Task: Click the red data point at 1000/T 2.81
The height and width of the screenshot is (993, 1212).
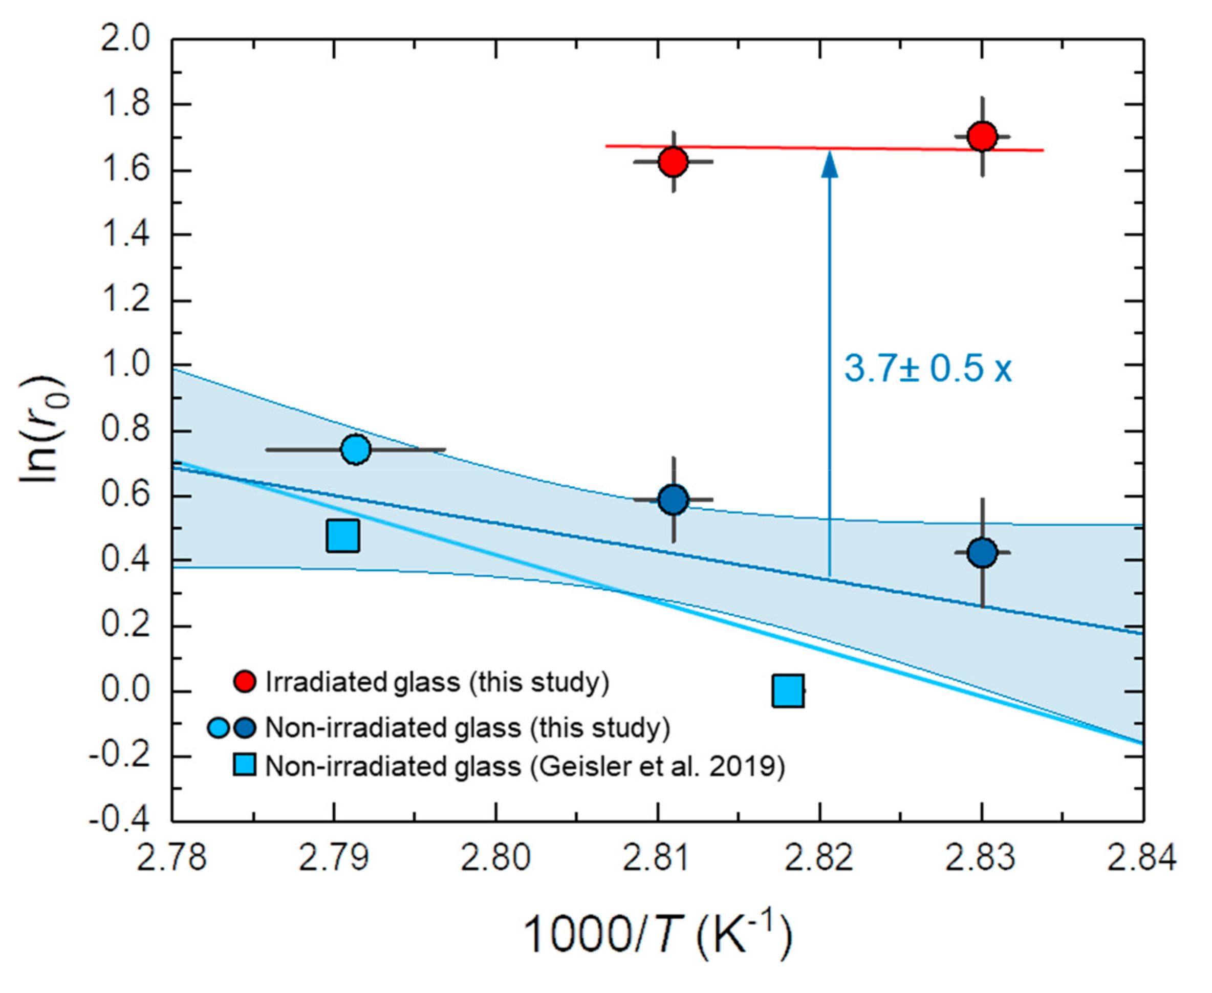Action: [x=673, y=162]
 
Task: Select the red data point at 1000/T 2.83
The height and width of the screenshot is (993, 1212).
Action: [x=982, y=136]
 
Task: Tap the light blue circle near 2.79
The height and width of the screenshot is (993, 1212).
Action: [x=355, y=449]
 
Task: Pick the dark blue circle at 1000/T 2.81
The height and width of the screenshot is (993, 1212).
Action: [x=673, y=500]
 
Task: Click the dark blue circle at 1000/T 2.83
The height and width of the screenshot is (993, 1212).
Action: [x=982, y=553]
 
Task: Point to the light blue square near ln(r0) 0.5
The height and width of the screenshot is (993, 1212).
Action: [x=342, y=536]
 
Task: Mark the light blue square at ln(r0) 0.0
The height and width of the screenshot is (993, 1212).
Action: [x=788, y=691]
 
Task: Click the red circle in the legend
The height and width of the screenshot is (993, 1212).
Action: [x=245, y=681]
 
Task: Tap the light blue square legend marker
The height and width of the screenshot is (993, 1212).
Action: [x=245, y=765]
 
